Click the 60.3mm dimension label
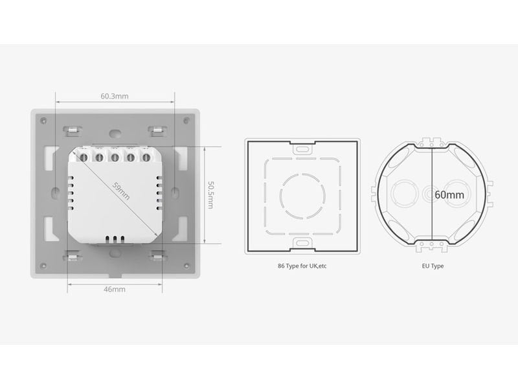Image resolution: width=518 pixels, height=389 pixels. click(115, 96)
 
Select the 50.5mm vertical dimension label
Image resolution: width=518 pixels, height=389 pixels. click(211, 194)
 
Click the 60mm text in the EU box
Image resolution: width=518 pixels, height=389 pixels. click(449, 194)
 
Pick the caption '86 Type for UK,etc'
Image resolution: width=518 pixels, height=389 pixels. click(302, 266)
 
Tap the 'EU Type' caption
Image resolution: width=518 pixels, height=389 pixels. click(432, 266)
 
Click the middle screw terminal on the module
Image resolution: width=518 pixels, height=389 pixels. click(115, 156)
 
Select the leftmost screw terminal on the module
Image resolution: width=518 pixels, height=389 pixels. click(85, 156)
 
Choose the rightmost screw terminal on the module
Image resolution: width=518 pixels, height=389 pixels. click(144, 156)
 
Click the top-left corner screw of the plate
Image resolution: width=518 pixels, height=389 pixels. click(43, 121)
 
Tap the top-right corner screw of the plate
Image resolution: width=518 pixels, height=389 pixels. click(186, 121)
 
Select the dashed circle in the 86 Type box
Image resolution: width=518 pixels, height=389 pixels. click(302, 194)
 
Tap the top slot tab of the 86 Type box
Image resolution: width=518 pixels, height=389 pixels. click(302, 148)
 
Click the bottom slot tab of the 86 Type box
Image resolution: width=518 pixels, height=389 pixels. click(302, 242)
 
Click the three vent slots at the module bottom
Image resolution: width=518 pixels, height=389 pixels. click(115, 239)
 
